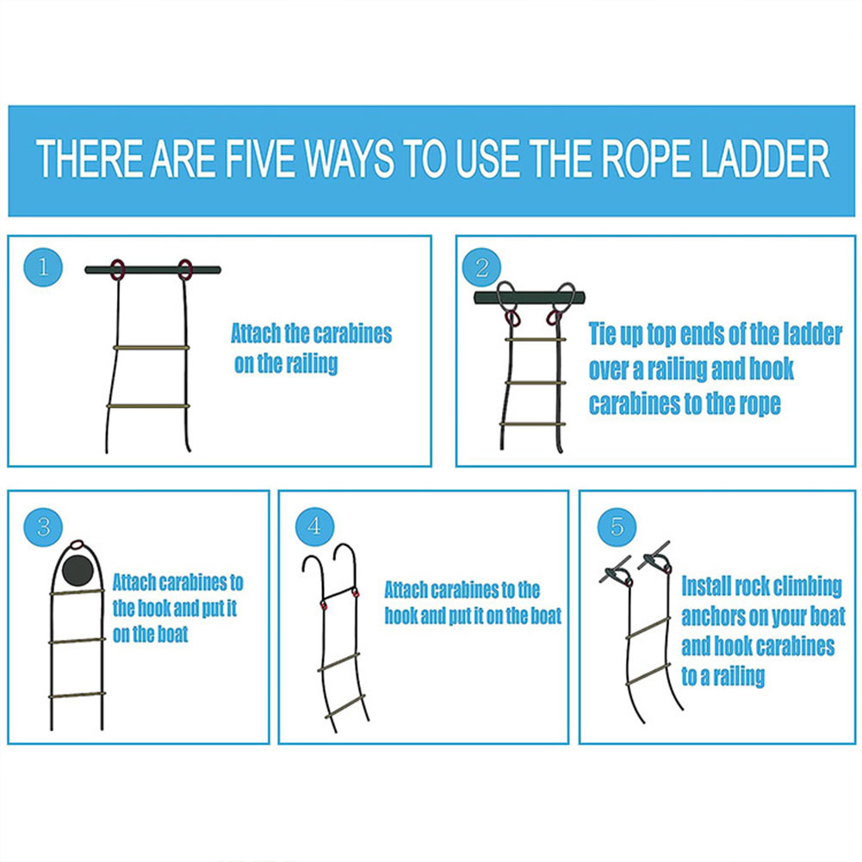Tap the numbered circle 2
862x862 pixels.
(x=481, y=268)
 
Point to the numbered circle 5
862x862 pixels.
(x=617, y=525)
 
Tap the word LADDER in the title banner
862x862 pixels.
(x=758, y=161)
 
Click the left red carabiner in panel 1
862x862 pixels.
(x=116, y=270)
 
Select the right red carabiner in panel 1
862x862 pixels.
(x=185, y=270)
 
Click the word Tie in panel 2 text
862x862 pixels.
(x=606, y=334)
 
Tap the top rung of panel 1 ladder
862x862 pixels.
(x=151, y=348)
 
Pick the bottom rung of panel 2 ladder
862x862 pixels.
(x=533, y=424)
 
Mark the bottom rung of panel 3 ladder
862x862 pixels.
(x=78, y=695)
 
